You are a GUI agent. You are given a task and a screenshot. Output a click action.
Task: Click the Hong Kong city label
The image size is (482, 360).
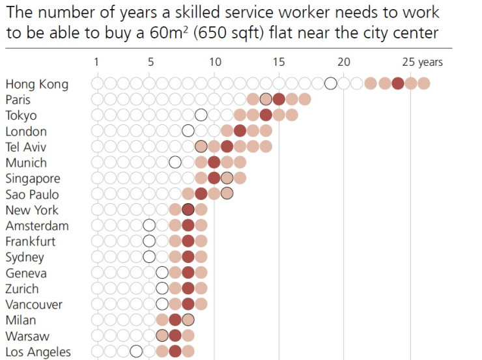(x=36, y=84)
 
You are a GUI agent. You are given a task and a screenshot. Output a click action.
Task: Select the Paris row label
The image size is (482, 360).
(x=18, y=100)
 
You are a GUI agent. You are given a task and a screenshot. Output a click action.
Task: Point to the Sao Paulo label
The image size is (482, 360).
(x=32, y=194)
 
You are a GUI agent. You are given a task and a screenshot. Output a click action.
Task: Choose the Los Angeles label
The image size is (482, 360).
(x=38, y=352)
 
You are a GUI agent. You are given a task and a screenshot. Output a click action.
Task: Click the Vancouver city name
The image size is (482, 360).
(x=34, y=305)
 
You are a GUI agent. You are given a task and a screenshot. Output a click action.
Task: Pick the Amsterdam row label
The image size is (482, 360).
(x=36, y=226)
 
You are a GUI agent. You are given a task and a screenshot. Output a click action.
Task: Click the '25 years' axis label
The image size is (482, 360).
(x=422, y=62)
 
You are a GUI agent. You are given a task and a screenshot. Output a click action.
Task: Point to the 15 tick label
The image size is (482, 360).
(x=278, y=62)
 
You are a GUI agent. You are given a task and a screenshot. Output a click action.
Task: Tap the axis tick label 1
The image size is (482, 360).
(x=96, y=62)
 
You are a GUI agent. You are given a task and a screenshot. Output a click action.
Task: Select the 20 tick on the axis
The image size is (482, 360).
(x=343, y=62)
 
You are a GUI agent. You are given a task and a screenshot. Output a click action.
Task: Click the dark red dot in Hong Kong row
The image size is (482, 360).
(x=397, y=83)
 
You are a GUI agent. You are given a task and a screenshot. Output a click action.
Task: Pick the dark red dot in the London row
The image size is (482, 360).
(x=240, y=131)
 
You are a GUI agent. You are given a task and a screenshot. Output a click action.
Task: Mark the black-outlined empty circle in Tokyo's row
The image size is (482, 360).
(x=201, y=115)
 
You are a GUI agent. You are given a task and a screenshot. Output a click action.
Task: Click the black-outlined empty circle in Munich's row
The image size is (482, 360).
(x=175, y=163)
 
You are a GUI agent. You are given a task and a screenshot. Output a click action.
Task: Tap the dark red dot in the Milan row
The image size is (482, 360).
(x=175, y=320)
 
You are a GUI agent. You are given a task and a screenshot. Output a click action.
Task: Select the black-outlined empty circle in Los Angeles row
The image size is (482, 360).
(x=135, y=352)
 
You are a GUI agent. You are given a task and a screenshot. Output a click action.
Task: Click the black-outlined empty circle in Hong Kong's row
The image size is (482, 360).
(x=331, y=83)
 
